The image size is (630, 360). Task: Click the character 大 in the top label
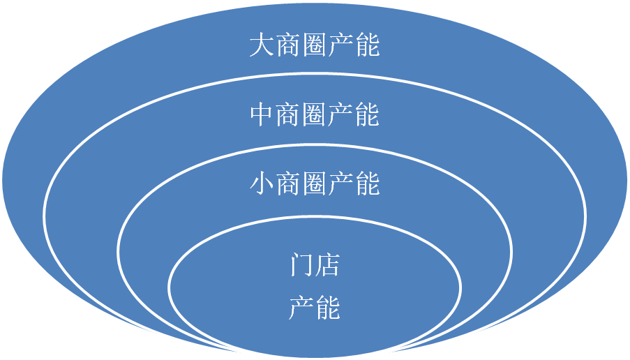[262, 47]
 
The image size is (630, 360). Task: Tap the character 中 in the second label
[262, 116]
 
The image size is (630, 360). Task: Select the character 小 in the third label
[262, 185]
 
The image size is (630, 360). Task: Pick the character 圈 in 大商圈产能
[315, 47]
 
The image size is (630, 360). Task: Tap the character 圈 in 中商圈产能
[315, 116]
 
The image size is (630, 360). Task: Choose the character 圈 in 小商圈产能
[315, 185]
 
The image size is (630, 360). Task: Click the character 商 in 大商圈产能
[288, 47]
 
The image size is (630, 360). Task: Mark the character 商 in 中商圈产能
[288, 116]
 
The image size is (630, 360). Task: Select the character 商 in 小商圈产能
[288, 185]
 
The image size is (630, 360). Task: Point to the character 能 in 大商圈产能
[367, 47]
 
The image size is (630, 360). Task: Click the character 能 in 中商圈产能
[367, 116]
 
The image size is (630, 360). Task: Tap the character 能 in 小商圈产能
[367, 185]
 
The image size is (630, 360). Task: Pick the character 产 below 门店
[301, 308]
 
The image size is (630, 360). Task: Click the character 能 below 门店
[328, 308]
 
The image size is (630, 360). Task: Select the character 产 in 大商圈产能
[341, 47]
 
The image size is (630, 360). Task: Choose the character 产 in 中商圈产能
[341, 116]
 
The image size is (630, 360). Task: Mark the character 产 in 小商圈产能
[341, 185]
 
